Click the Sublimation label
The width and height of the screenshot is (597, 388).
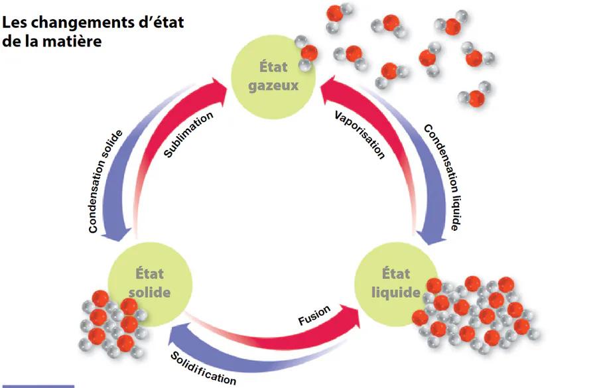(x=189, y=135)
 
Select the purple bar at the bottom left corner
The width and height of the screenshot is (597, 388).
(x=37, y=385)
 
